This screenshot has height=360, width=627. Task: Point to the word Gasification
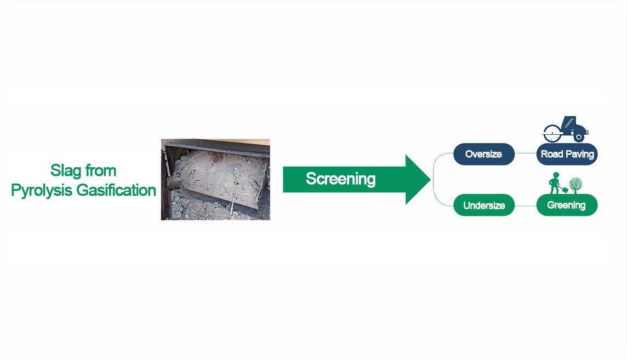117,191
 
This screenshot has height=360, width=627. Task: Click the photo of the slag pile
215,179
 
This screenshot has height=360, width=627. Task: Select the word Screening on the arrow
340,179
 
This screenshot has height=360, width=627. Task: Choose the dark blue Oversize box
483,155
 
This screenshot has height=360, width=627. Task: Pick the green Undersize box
483,205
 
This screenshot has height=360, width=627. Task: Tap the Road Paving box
567,155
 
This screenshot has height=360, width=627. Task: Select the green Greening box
566,205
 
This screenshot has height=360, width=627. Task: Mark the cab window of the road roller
570,122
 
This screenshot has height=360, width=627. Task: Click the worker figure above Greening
555,184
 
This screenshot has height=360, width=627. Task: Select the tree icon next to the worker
574,184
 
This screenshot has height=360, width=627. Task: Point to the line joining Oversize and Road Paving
525,155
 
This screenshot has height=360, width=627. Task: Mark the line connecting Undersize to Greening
525,205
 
